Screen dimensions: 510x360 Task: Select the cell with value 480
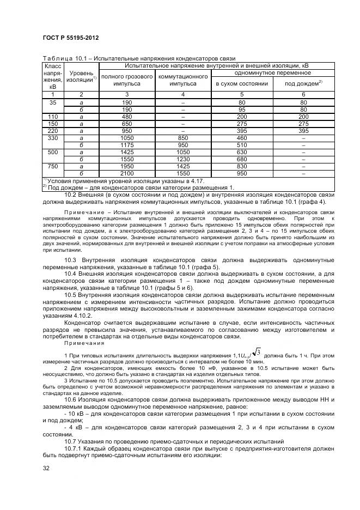[127, 117]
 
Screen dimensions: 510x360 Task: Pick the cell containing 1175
[127, 145]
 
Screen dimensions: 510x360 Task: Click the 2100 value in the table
[127, 173]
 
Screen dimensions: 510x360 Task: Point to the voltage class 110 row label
[53, 117]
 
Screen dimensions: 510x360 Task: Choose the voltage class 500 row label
[53, 152]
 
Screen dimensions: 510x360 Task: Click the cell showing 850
[183, 138]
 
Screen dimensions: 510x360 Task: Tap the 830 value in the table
[242, 166]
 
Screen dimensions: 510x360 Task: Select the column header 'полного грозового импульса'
[127, 81]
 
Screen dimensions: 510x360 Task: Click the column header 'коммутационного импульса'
[183, 81]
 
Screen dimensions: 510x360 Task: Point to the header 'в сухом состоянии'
[242, 84]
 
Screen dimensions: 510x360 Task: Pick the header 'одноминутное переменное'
[272, 72]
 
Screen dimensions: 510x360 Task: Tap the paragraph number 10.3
[72, 260]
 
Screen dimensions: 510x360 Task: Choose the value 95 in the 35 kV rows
[242, 110]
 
